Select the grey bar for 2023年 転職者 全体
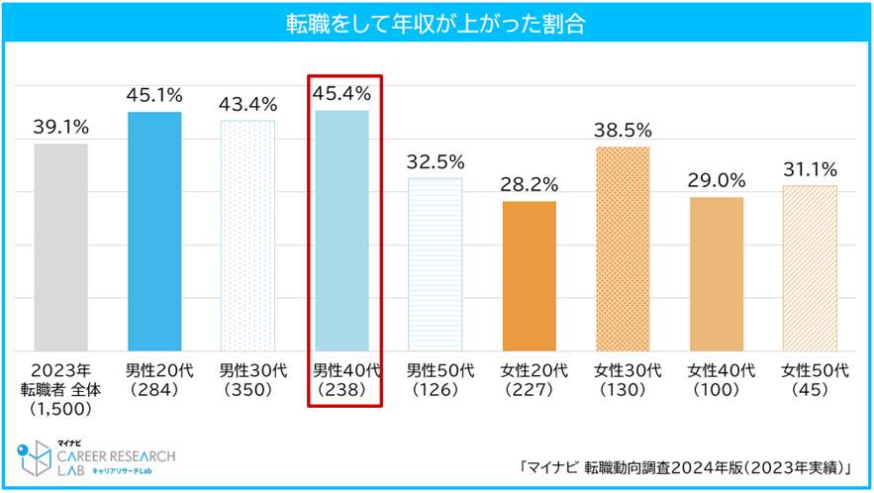tap(60, 247)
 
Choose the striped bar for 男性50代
tap(436, 264)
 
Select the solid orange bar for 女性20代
tap(529, 276)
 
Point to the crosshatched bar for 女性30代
tap(623, 248)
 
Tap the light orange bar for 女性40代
tap(717, 274)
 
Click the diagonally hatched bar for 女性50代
tap(810, 268)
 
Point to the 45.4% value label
tap(341, 94)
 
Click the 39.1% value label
tap(60, 127)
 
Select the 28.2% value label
tap(529, 184)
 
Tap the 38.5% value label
tap(623, 130)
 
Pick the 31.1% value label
tap(810, 168)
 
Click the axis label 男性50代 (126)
tap(436, 380)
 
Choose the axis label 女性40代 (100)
tap(717, 380)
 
